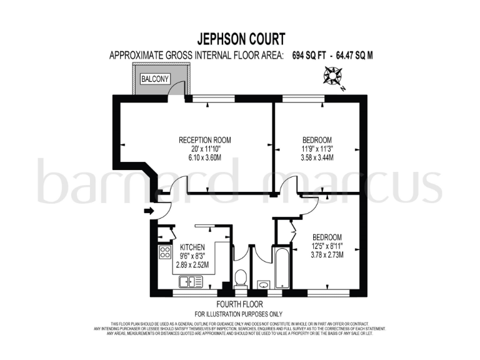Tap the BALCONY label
point(154,79)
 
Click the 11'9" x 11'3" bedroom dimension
point(317,149)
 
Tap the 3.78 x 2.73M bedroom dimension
point(327,255)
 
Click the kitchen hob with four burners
point(166,253)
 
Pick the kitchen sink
point(192,281)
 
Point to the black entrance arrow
point(148,211)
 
